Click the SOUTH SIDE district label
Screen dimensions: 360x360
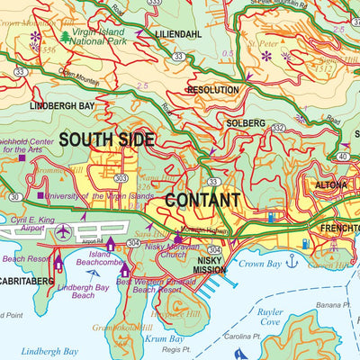pyautogui.click(x=107, y=139)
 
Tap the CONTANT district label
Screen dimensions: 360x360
pyautogui.click(x=202, y=200)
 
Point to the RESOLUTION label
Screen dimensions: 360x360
pyautogui.click(x=212, y=90)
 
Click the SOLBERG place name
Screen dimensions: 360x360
pyautogui.click(x=246, y=122)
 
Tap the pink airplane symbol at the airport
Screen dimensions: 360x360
pyautogui.click(x=62, y=231)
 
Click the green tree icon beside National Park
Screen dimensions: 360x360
pyautogui.click(x=66, y=37)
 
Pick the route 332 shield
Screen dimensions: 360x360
pyautogui.click(x=278, y=128)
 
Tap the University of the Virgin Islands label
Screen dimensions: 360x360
pyautogui.click(x=91, y=195)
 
